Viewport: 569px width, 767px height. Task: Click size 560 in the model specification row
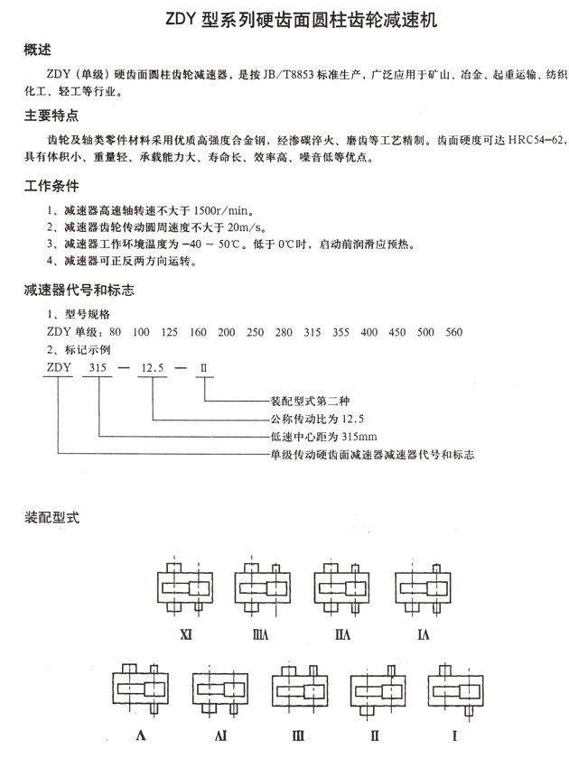tap(453, 332)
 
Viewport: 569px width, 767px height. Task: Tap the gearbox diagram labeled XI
tap(186, 587)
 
